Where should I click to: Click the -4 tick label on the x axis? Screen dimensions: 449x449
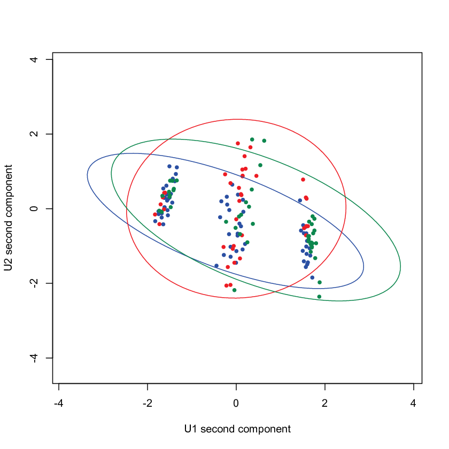tap(59, 404)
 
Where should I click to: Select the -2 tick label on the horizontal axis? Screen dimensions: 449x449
tap(147, 404)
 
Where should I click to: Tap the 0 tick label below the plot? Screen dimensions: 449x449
tap(236, 404)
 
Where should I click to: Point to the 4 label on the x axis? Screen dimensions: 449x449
tap(413, 404)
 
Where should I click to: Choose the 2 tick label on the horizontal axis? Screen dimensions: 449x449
tap(325, 404)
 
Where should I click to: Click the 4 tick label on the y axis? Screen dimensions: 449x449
tap(34, 59)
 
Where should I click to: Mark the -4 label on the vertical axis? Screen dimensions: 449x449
tap(34, 358)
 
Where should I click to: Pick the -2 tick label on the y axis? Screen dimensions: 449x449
tap(34, 283)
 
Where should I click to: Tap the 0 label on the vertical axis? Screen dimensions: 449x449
tap(34, 208)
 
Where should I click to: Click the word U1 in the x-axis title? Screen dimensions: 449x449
tap(191, 429)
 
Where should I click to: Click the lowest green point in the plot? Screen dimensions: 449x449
tap(319, 297)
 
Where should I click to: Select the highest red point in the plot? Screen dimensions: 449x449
tap(238, 143)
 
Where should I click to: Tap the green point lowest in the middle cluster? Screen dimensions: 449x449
tap(234, 290)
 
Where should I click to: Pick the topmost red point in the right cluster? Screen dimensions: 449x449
tap(303, 180)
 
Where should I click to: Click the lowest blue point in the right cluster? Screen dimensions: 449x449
tap(312, 277)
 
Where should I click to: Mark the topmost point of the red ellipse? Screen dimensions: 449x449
tap(238, 119)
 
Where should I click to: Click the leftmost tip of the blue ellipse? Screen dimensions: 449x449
tap(87, 175)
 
